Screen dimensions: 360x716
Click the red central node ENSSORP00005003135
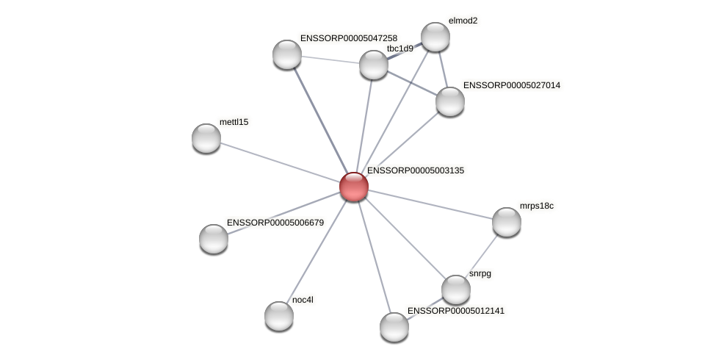coord(353,187)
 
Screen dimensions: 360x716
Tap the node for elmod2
coord(435,37)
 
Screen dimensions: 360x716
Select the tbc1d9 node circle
coord(373,65)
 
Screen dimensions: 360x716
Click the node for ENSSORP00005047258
coord(287,54)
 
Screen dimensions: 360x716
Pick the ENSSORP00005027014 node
coord(449,101)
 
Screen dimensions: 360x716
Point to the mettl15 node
coord(206,138)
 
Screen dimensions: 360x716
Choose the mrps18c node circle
coord(506,222)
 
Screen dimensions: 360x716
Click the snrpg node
coord(455,289)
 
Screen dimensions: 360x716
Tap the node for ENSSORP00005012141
coord(394,326)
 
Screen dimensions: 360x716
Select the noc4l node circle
coord(279,316)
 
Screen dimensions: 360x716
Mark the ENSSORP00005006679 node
coord(214,238)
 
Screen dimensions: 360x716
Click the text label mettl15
coord(234,122)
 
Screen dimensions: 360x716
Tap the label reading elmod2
coord(463,21)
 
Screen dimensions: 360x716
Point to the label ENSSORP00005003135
coord(416,170)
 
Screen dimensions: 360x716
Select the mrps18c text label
coord(537,206)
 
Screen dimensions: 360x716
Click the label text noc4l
coord(303,300)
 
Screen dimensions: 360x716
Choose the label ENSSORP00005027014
coord(511,86)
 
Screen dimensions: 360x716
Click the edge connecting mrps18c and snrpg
coord(481,256)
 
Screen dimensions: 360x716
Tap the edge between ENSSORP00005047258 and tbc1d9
coord(330,60)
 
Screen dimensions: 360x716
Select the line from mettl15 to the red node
coord(279,162)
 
